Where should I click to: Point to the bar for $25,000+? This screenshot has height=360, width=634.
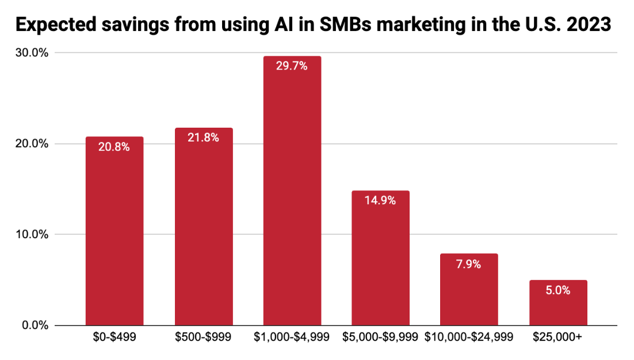tap(557, 305)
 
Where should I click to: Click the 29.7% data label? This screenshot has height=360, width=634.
tap(292, 66)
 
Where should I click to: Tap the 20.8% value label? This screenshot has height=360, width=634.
tap(114, 147)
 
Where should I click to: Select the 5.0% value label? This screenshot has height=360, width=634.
tap(557, 290)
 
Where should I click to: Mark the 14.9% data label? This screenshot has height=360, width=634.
tap(380, 201)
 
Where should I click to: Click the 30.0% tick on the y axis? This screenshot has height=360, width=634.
tap(35, 53)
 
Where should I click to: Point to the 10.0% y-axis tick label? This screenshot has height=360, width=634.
tap(35, 235)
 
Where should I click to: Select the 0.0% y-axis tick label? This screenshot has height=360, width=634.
tap(37, 325)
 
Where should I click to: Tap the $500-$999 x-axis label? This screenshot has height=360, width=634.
tap(203, 338)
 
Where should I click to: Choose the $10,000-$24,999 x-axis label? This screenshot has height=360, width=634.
tap(469, 338)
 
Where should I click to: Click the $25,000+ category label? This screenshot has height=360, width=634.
tap(557, 338)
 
